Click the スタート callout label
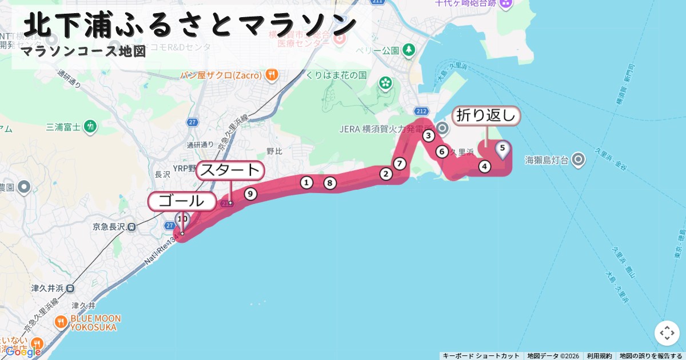(230, 170)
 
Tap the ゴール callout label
(182, 201)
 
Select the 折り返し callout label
(486, 115)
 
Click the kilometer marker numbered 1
(307, 182)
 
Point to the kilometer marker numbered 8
(329, 183)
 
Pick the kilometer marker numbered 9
(250, 194)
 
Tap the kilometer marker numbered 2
(386, 174)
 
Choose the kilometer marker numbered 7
(400, 163)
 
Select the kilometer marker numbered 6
(442, 151)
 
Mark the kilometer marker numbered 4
(485, 166)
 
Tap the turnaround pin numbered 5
(502, 149)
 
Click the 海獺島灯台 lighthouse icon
(579, 159)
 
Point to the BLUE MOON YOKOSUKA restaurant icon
(61, 322)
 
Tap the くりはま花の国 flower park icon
(385, 83)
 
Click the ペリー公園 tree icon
(409, 50)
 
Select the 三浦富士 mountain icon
(90, 126)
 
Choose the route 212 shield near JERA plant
(422, 111)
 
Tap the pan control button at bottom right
(667, 333)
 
